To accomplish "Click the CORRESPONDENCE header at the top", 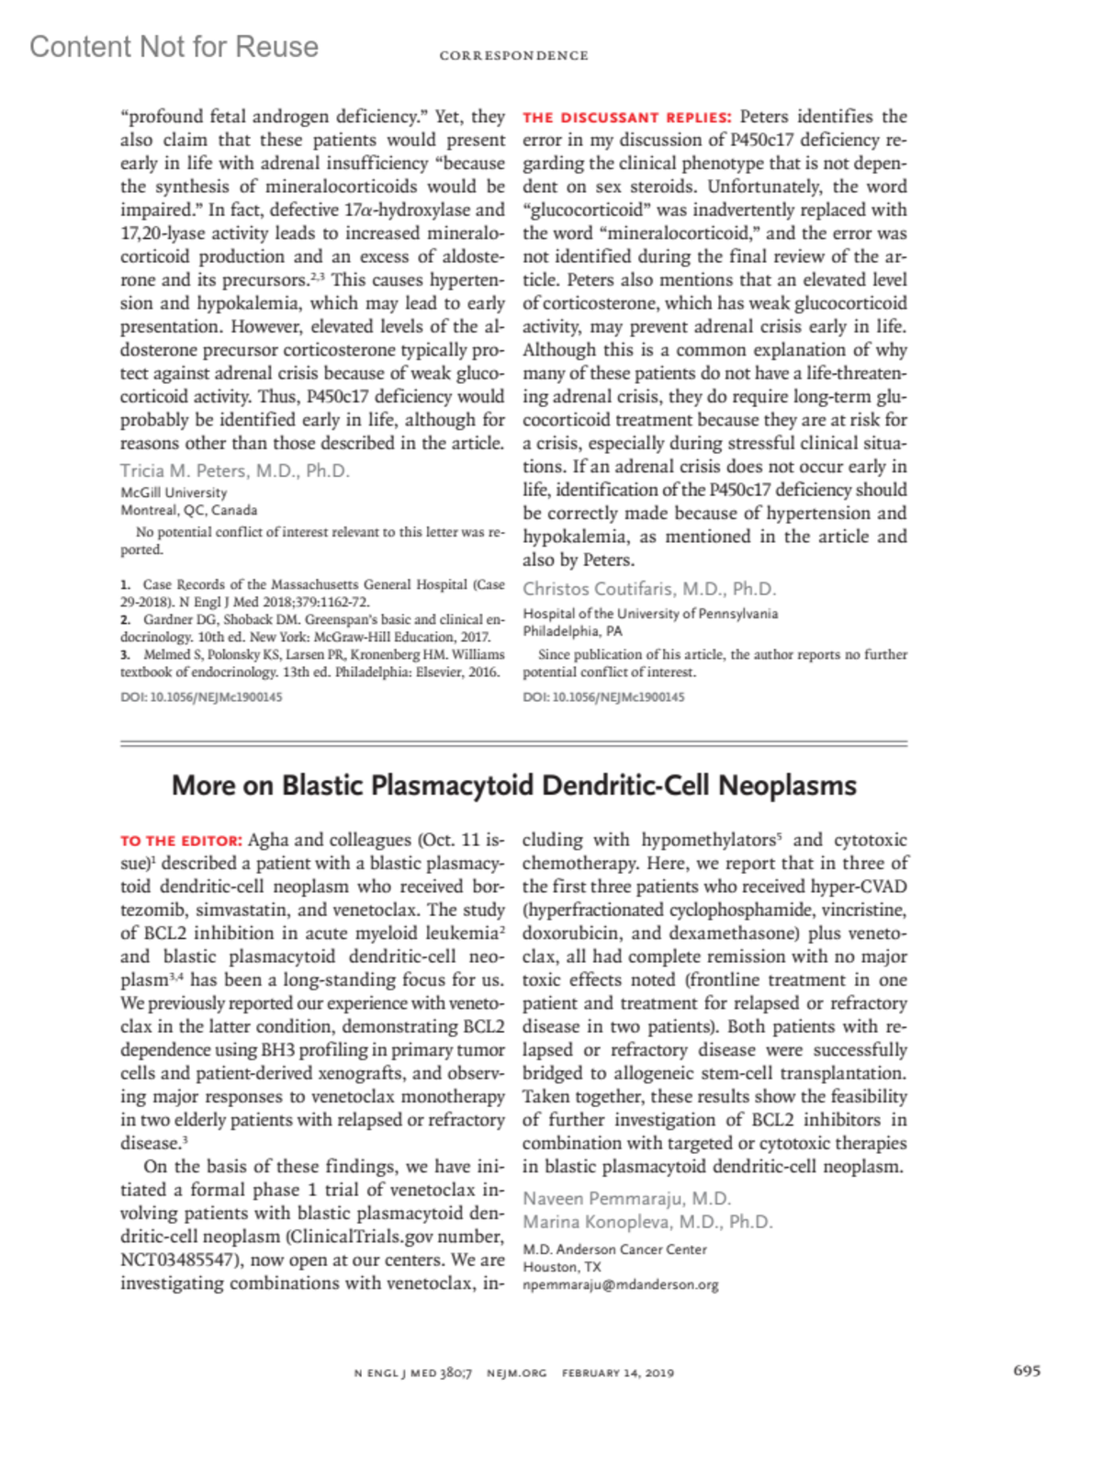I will [513, 56].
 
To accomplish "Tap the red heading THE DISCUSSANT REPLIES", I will [627, 118].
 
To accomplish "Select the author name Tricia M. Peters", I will [234, 471].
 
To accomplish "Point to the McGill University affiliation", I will [174, 492].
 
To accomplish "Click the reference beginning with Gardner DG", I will [312, 628].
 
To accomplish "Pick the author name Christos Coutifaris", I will [649, 589].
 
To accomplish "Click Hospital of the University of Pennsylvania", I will [650, 614].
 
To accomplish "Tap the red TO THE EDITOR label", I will [181, 841].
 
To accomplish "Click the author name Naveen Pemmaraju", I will [626, 1199].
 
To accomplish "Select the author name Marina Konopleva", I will [647, 1223].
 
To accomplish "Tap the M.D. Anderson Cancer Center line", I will [614, 1249].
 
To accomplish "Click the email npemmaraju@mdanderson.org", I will [621, 1285].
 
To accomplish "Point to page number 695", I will [1027, 1371].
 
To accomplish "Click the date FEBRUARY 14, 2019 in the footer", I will [618, 1374].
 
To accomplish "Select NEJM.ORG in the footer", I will [516, 1374].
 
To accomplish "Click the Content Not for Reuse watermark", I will [174, 47].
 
